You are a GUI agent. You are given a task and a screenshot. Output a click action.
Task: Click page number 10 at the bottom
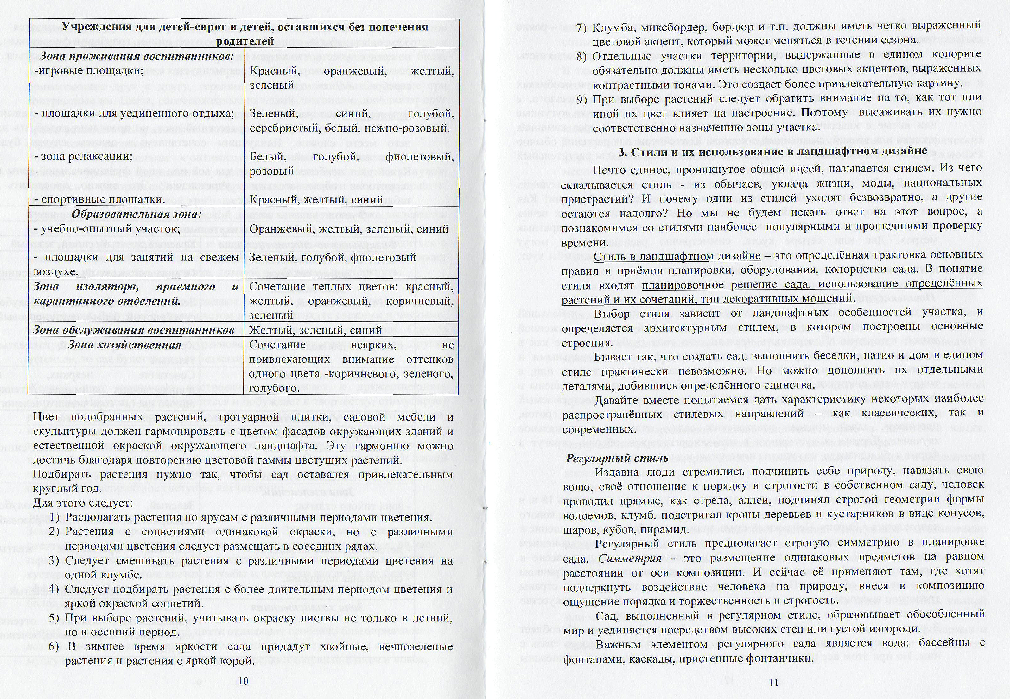[x=243, y=681]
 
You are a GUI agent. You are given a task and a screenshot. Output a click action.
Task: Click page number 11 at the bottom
[x=774, y=682]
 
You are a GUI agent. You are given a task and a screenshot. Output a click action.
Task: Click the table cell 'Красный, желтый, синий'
[x=316, y=200]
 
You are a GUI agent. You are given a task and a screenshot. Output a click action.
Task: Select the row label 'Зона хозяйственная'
[x=125, y=345]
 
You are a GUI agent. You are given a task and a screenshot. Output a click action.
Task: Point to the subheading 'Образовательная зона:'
[x=136, y=214]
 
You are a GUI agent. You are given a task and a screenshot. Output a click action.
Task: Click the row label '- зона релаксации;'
[x=83, y=156]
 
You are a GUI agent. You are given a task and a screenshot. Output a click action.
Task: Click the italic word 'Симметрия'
[x=630, y=559]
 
